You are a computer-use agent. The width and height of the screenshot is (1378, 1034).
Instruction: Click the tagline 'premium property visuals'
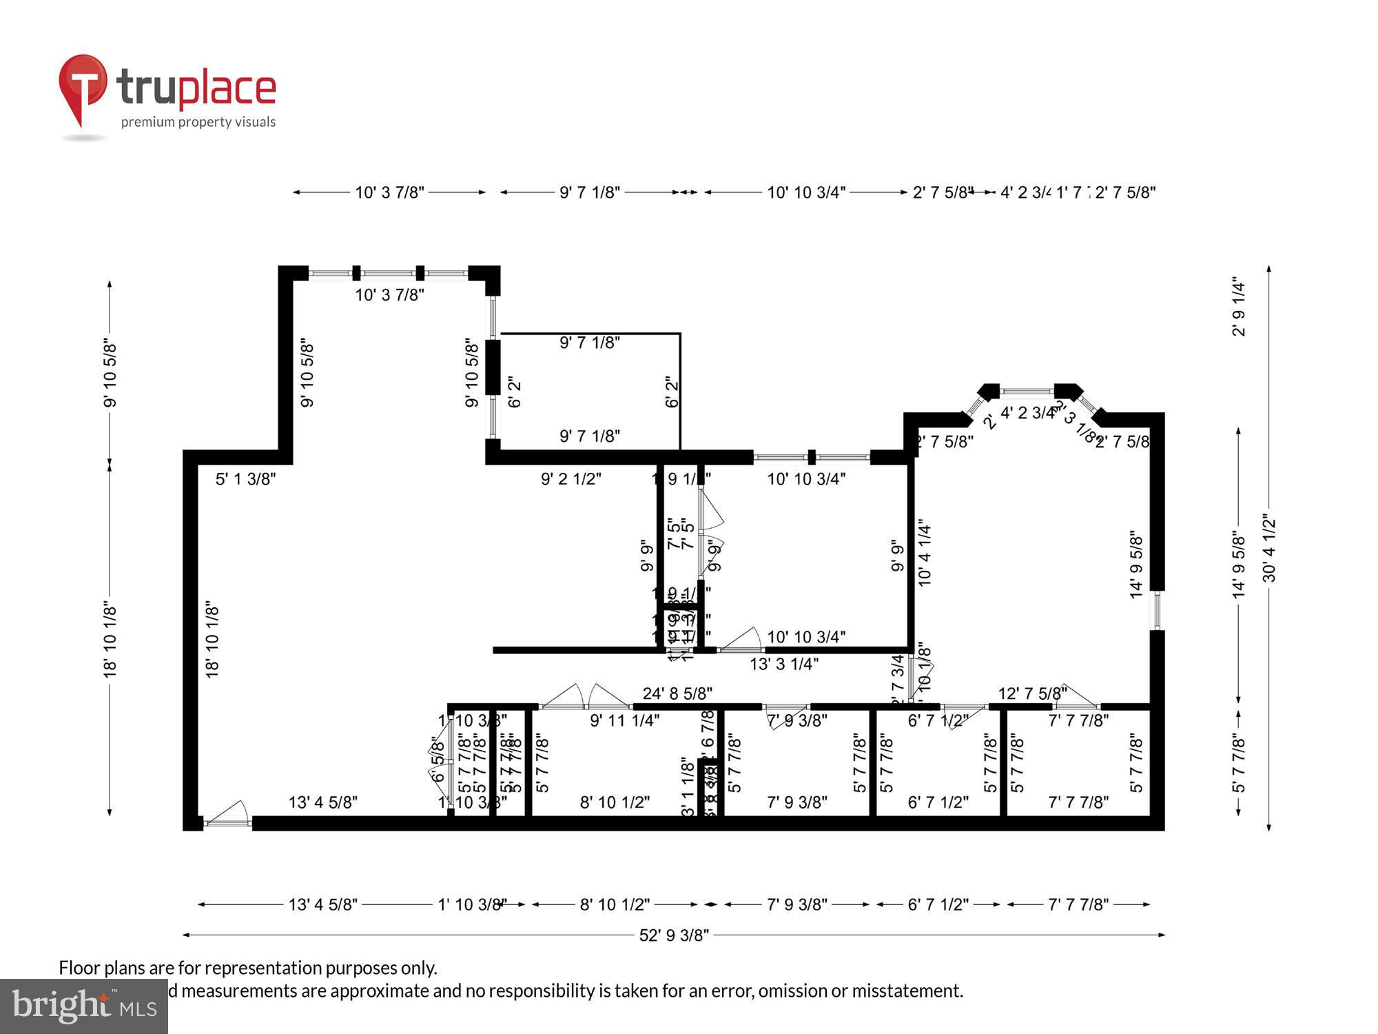pyautogui.click(x=198, y=122)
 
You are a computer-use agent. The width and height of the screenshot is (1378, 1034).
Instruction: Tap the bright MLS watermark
pyautogui.click(x=84, y=1006)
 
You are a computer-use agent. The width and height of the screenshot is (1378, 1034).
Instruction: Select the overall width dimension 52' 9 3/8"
pyautogui.click(x=673, y=935)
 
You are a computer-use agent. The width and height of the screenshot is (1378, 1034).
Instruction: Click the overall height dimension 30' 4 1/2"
pyautogui.click(x=1269, y=548)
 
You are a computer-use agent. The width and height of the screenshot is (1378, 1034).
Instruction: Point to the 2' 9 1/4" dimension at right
pyautogui.click(x=1239, y=307)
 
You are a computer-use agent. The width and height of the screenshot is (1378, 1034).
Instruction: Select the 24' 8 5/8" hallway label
pyautogui.click(x=677, y=693)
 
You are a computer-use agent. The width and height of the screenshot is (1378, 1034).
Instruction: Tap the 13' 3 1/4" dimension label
pyautogui.click(x=784, y=664)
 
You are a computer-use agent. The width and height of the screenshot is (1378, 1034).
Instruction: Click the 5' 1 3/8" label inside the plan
pyautogui.click(x=245, y=479)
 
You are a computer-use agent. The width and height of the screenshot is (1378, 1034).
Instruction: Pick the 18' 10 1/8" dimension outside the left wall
pyautogui.click(x=110, y=639)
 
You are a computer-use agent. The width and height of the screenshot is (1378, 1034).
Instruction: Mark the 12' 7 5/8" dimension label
pyautogui.click(x=1032, y=693)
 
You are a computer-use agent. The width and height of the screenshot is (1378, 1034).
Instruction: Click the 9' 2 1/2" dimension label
pyautogui.click(x=570, y=479)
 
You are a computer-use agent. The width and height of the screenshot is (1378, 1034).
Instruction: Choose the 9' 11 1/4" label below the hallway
pyautogui.click(x=624, y=721)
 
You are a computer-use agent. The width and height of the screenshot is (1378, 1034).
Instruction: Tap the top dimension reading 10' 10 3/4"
pyautogui.click(x=806, y=192)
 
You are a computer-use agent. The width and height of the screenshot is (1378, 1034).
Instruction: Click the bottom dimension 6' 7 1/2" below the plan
pyautogui.click(x=938, y=904)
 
